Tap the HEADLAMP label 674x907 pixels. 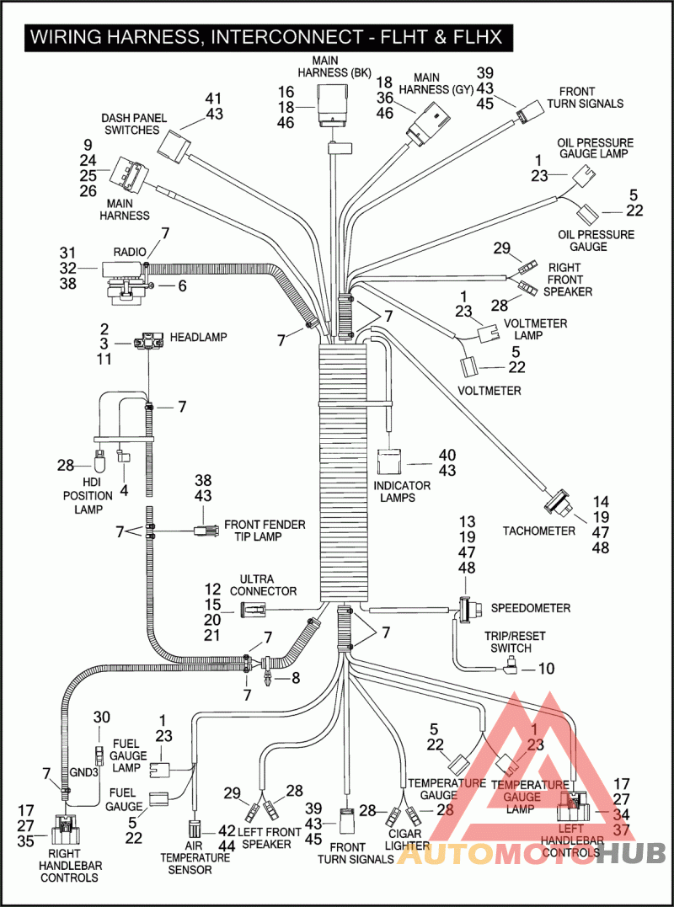199,336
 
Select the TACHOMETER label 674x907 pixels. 539,531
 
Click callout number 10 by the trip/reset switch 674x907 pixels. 545,670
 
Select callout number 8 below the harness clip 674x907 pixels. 295,676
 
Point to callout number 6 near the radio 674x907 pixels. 181,285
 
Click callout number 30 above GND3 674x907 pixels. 101,717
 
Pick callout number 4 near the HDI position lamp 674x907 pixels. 124,489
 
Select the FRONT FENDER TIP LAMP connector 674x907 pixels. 202,531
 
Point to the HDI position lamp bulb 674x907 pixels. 100,464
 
